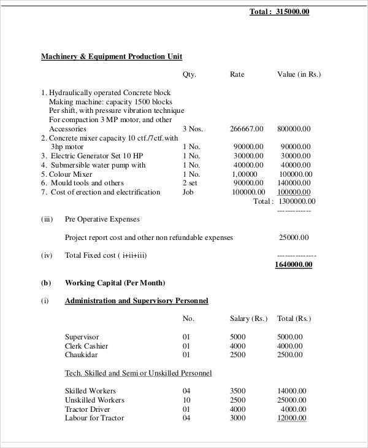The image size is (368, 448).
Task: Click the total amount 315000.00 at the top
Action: [293, 12]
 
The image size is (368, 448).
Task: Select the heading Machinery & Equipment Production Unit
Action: [111, 56]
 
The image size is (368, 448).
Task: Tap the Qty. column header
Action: [190, 74]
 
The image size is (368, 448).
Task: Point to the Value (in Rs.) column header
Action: [299, 74]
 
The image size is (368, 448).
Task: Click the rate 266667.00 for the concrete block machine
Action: [247, 129]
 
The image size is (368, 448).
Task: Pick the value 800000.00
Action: [294, 129]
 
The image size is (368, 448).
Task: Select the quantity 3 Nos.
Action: [193, 129]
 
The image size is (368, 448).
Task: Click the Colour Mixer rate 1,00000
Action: [244, 174]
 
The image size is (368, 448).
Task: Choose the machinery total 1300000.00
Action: [297, 201]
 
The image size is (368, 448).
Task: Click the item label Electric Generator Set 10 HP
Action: [96, 156]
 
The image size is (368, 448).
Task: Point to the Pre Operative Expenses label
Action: [102, 219]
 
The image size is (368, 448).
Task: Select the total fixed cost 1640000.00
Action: [294, 265]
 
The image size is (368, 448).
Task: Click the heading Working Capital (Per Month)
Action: [115, 283]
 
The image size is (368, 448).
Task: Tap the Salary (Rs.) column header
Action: [248, 319]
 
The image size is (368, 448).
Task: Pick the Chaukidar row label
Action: [82, 355]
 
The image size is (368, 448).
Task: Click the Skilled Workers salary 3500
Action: [237, 391]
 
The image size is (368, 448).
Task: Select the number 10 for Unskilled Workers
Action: [186, 400]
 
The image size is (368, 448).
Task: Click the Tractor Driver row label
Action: [87, 409]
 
